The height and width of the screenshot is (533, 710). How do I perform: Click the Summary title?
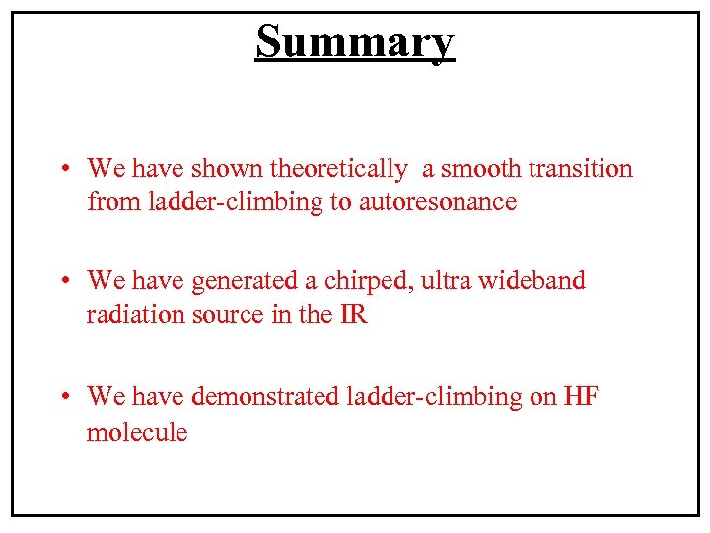click(x=355, y=41)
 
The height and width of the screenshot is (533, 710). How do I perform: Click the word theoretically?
click(x=338, y=169)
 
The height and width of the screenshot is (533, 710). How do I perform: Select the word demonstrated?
click(x=266, y=397)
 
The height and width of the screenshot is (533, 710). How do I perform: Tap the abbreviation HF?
click(x=581, y=397)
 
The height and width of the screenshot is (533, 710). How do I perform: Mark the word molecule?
click(x=137, y=431)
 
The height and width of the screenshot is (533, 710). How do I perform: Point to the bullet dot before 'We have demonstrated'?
click(x=62, y=397)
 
